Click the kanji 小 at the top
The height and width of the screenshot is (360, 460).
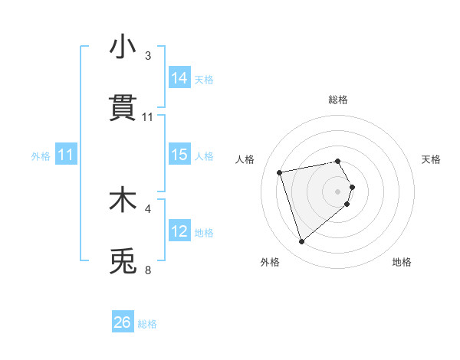click(x=123, y=47)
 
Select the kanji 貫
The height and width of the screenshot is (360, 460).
click(x=123, y=109)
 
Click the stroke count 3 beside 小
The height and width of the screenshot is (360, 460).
click(x=148, y=56)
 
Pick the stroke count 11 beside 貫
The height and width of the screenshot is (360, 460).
click(x=148, y=117)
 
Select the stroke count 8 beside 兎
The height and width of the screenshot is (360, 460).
click(x=148, y=270)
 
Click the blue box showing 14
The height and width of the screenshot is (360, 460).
click(x=179, y=78)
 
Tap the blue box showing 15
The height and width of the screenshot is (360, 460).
click(x=179, y=155)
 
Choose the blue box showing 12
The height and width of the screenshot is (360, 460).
click(x=179, y=231)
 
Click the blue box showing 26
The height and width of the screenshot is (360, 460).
click(x=123, y=322)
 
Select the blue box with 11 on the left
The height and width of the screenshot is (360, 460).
click(x=66, y=155)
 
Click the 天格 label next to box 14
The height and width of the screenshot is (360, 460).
click(x=204, y=79)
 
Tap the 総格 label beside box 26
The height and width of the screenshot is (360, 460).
click(x=147, y=323)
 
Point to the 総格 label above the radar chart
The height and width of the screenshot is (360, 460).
click(x=338, y=100)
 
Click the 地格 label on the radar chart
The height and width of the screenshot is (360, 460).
click(x=402, y=262)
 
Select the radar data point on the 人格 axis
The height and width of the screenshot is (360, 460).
click(x=280, y=172)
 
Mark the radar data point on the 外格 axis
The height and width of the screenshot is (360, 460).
click(x=302, y=242)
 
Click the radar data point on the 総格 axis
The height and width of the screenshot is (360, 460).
click(x=338, y=161)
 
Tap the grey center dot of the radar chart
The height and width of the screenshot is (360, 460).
click(x=338, y=190)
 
